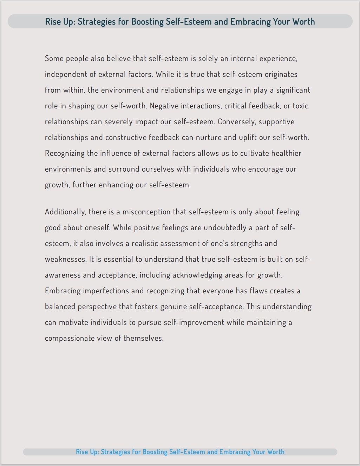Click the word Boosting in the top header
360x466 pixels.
148,22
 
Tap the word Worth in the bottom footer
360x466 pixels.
276,452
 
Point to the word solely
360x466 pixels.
208,59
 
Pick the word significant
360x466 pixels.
293,90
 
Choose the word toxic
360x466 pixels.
300,106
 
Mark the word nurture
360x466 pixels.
209,138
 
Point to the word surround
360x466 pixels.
124,169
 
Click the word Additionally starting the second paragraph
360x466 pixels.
65,212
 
